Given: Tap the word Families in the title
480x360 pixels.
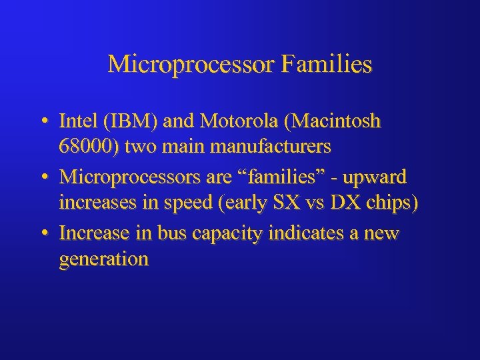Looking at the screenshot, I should (327, 65).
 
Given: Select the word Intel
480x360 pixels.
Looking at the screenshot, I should (77, 121).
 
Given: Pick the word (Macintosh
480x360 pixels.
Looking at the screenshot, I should (331, 121).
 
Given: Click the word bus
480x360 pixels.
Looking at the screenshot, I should (168, 234).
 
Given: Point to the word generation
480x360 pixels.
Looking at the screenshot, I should (103, 259).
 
